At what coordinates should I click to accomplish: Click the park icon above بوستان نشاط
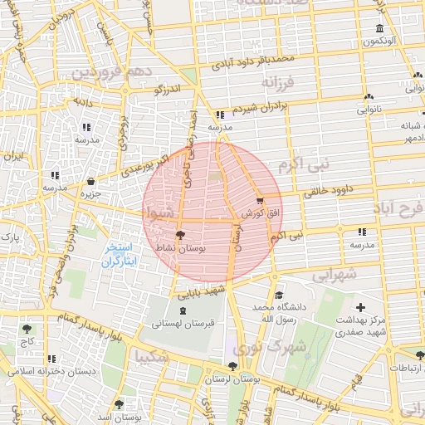pos(180,234)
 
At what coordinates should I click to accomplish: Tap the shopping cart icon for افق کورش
pos(260,200)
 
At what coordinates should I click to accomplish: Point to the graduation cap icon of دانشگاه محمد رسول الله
pos(280,296)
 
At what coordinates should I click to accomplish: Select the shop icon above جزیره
pos(90,181)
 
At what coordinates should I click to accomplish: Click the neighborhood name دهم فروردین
pos(112,72)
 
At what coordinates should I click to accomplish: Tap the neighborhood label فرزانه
pos(278,83)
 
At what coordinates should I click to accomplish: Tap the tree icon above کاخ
pos(27,329)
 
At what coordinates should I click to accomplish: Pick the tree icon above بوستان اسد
pos(119,404)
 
